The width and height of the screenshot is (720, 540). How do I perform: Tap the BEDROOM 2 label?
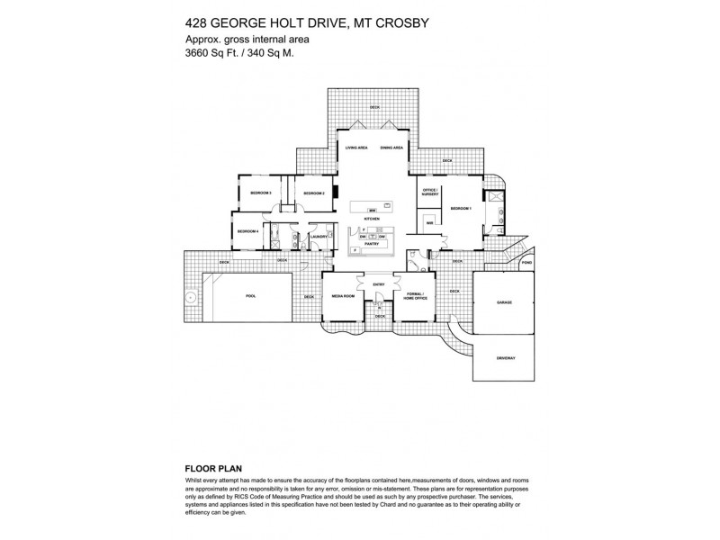click(313, 193)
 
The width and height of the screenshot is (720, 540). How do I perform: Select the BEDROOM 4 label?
click(248, 231)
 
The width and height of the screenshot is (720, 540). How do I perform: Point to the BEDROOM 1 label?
click(461, 208)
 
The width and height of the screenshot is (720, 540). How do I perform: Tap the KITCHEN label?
click(371, 219)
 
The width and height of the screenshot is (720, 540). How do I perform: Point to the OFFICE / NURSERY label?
click(430, 192)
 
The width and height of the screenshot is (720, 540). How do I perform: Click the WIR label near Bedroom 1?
click(430, 222)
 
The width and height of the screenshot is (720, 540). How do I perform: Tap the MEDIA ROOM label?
click(342, 295)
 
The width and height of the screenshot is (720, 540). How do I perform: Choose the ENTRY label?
click(379, 285)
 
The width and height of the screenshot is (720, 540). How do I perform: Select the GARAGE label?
click(504, 302)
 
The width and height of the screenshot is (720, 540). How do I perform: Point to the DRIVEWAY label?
click(506, 358)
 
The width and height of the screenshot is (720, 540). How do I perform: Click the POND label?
click(526, 263)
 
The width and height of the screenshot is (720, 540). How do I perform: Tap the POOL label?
click(250, 295)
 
